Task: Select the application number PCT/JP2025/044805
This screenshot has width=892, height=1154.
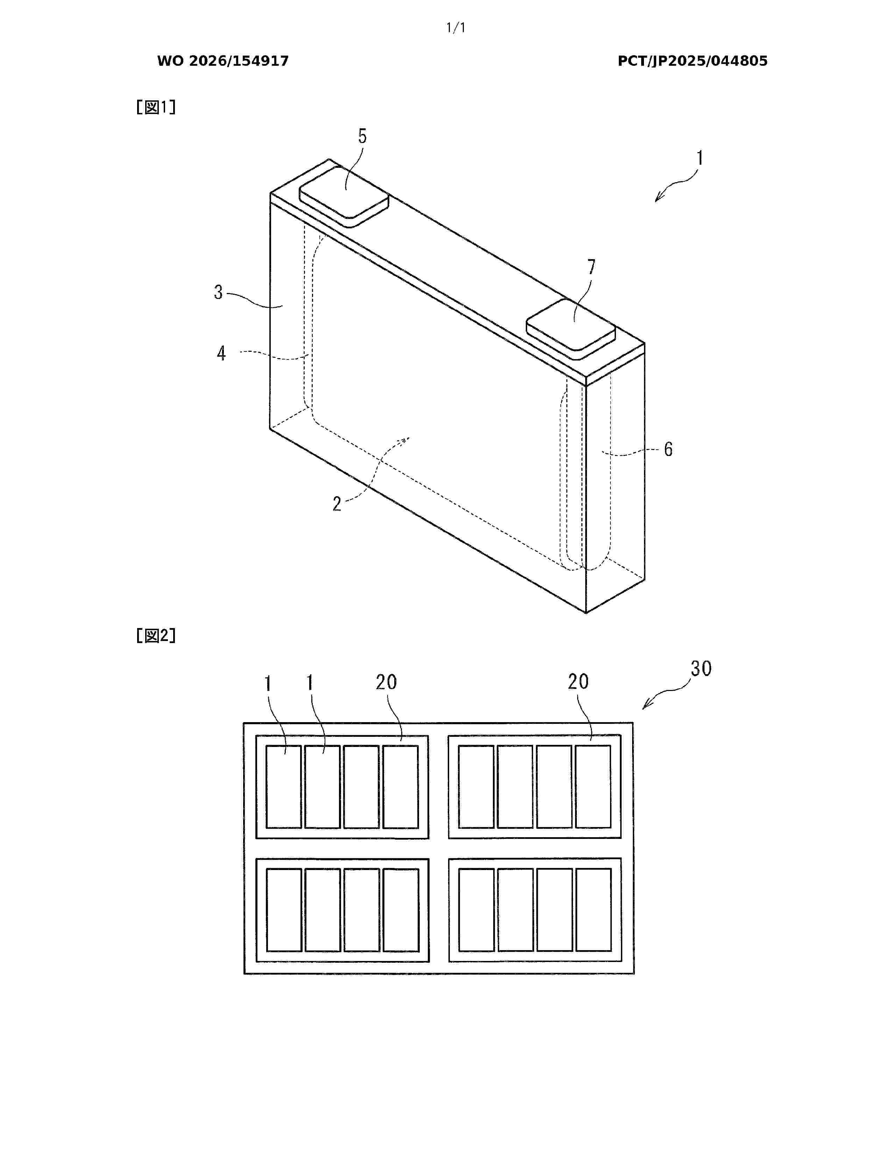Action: tap(692, 61)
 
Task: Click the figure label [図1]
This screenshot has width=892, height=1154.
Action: tap(156, 107)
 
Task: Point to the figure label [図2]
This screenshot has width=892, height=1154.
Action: tap(156, 636)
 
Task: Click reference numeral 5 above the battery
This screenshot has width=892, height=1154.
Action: tap(362, 136)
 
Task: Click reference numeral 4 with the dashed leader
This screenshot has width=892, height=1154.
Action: tap(221, 353)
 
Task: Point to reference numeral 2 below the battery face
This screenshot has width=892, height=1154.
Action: tap(337, 504)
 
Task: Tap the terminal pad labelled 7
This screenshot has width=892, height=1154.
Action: tap(571, 330)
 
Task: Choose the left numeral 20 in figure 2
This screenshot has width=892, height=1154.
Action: tap(386, 682)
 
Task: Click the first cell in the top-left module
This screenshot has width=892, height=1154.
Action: tap(284, 787)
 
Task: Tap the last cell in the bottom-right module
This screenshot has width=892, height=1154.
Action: tap(593, 910)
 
